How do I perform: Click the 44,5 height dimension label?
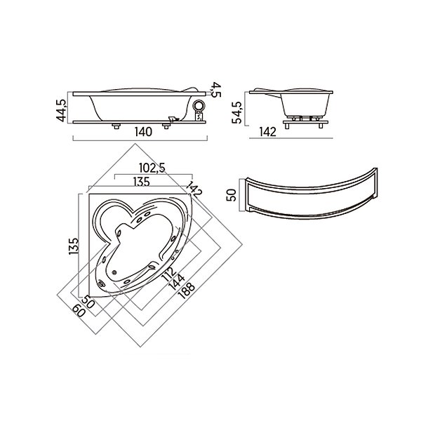click(x=61, y=110)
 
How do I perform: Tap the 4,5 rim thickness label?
click(x=216, y=90)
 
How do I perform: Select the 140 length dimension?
click(x=143, y=132)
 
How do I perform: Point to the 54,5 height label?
click(x=237, y=112)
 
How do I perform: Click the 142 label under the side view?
click(x=268, y=132)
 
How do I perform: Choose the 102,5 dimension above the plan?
click(x=152, y=168)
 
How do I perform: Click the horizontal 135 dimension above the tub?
click(x=142, y=182)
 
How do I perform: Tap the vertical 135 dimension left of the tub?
click(x=74, y=246)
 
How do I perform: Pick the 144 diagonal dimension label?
click(x=176, y=282)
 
